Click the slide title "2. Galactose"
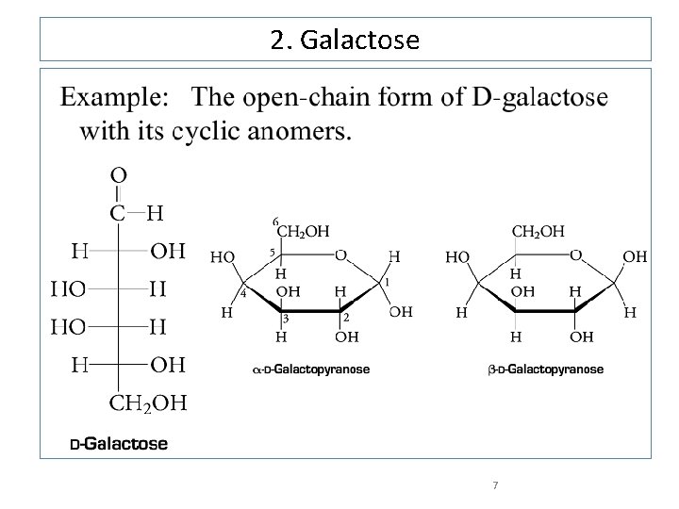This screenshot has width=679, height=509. pyautogui.click(x=345, y=41)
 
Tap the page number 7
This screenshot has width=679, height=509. pyautogui.click(x=495, y=485)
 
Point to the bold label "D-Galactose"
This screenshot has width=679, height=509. pyautogui.click(x=119, y=443)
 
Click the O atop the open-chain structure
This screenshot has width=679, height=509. pyautogui.click(x=120, y=175)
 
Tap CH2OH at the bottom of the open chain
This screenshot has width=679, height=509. pyautogui.click(x=149, y=405)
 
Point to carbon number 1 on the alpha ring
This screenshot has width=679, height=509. pyautogui.click(x=387, y=281)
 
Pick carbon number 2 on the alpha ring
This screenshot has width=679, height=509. pyautogui.click(x=347, y=319)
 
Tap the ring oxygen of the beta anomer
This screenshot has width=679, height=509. pyautogui.click(x=576, y=255)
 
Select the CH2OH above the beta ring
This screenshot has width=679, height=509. pyautogui.click(x=538, y=230)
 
